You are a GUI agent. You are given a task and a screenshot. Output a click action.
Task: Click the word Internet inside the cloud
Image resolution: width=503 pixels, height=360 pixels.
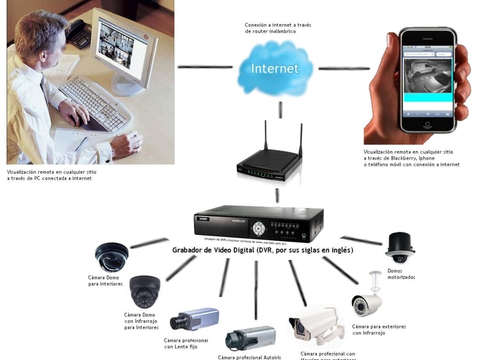point(275,68)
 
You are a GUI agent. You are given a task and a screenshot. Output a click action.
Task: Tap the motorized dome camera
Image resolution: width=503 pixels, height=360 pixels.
point(400,248)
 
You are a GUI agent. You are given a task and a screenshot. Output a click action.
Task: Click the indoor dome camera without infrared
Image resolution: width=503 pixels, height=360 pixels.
point(112,257)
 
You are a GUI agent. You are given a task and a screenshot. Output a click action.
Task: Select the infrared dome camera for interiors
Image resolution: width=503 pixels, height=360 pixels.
point(144,291)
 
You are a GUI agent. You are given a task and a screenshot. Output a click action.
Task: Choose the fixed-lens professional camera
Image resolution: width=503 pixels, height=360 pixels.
point(194,319)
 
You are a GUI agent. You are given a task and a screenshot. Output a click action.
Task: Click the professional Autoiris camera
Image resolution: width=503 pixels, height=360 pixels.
point(250,338)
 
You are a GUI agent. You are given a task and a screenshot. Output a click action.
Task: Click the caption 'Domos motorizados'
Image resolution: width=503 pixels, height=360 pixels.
point(401,274)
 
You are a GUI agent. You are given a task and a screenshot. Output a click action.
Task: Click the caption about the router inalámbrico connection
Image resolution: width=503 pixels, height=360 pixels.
point(278,28)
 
